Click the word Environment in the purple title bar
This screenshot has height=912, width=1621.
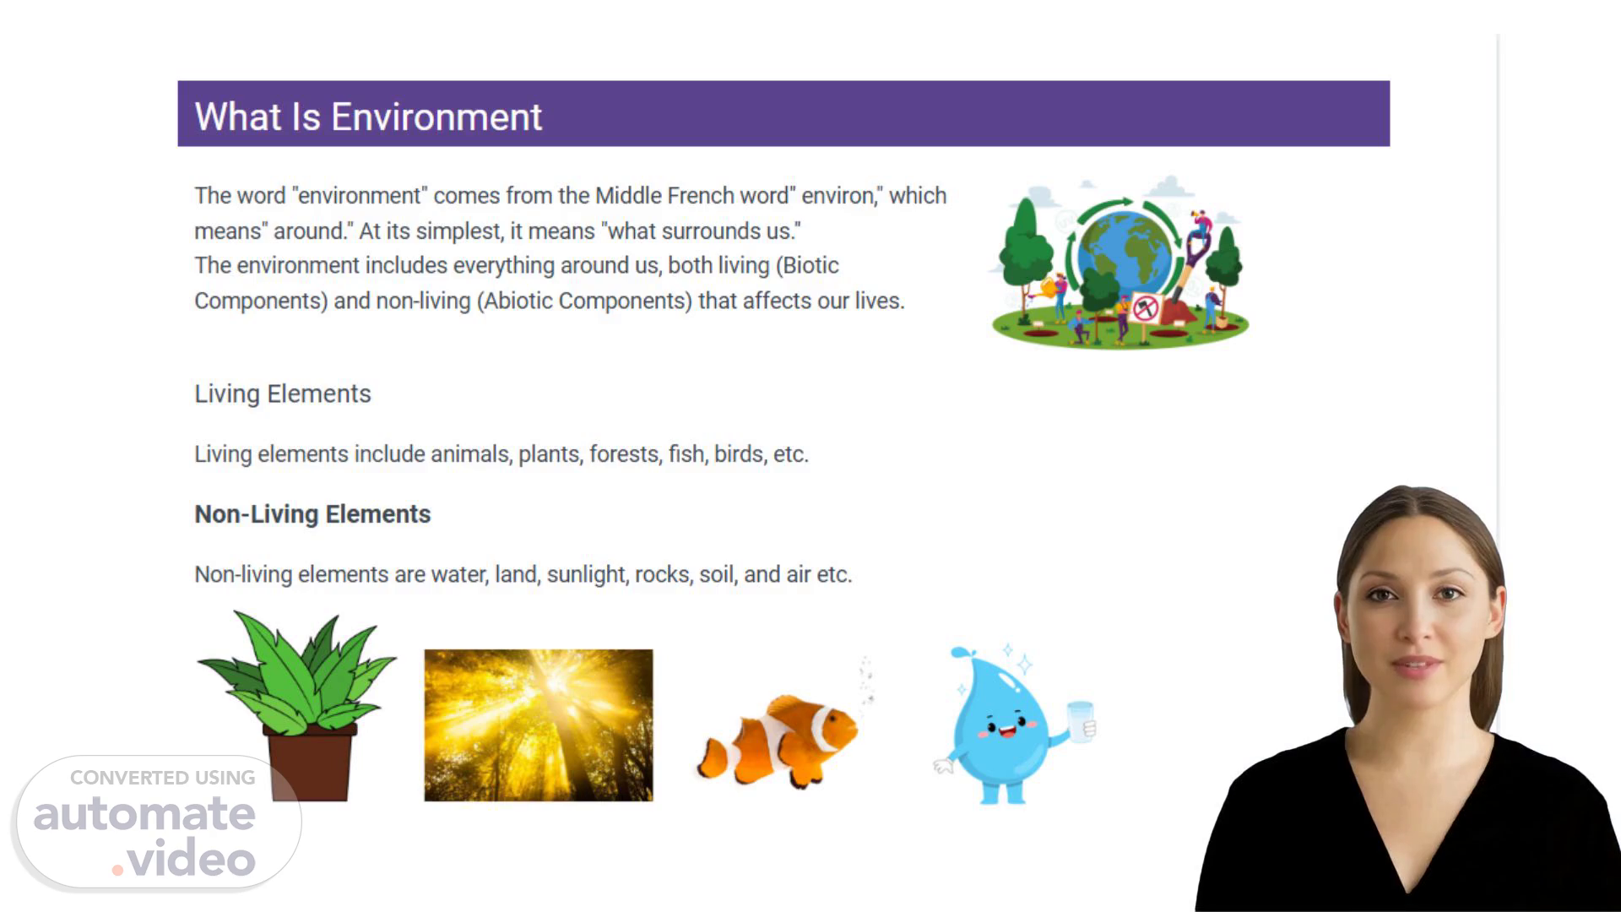click(436, 117)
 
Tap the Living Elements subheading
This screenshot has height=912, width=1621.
click(283, 394)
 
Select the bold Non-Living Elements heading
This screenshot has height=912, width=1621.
click(312, 514)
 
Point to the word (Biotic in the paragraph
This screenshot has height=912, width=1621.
click(807, 265)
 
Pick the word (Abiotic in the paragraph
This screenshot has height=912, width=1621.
click(514, 301)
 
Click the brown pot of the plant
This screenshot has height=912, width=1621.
click(309, 763)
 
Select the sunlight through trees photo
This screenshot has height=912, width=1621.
click(539, 725)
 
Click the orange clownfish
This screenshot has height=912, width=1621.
click(778, 741)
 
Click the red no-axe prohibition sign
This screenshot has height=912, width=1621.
click(1145, 308)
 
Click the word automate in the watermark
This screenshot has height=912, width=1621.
click(144, 814)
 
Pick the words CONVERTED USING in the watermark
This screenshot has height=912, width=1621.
click(162, 778)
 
